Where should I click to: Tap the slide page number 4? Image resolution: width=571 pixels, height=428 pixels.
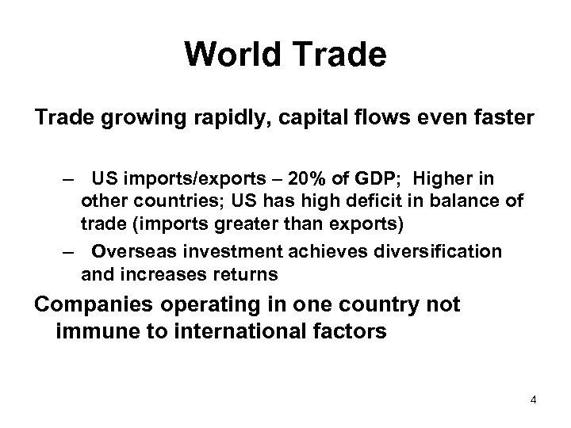(535, 399)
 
